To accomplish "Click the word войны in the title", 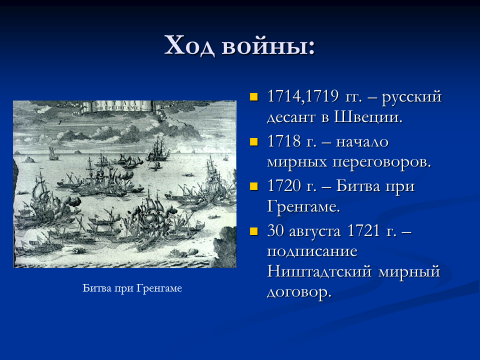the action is tap(266, 46).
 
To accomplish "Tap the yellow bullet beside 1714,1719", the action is tap(254, 97).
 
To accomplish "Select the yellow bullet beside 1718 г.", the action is tap(254, 142).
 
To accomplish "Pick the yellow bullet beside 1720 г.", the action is tap(254, 186).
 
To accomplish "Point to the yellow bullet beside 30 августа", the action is tap(254, 231).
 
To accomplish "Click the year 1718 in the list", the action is tap(284, 141).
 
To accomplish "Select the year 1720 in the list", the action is tap(284, 186).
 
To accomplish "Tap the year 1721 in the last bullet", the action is tap(364, 230).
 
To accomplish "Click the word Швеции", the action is tap(368, 118).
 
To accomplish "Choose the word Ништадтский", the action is tap(319, 272).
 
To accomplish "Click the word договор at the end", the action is tap(299, 293).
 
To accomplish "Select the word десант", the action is tap(291, 118).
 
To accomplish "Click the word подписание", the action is tap(312, 251).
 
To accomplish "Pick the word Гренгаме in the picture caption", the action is tap(159, 288).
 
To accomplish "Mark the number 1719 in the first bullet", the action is tap(322, 97).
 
